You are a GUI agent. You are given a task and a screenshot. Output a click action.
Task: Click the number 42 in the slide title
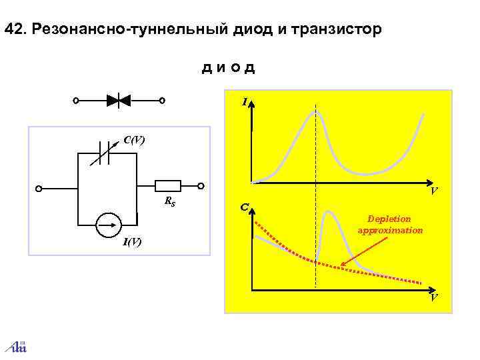[13, 30]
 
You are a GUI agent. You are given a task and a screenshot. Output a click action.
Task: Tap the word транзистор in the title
[340, 31]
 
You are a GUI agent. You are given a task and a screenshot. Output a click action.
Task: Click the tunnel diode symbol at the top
[119, 101]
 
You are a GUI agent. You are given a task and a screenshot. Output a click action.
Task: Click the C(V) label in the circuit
[134, 140]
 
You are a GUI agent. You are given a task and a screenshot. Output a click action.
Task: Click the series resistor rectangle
[168, 187]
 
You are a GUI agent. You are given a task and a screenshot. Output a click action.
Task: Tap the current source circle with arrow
[107, 225]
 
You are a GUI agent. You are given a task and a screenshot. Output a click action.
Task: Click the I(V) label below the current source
[131, 241]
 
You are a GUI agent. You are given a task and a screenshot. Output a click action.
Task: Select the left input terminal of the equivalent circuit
[39, 188]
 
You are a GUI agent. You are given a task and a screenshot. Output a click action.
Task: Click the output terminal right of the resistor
[201, 187]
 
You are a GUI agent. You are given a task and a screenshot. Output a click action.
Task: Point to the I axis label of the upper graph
[245, 102]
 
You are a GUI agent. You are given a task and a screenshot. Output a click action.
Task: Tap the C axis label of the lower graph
[245, 209]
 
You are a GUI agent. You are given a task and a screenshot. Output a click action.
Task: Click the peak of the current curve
[316, 113]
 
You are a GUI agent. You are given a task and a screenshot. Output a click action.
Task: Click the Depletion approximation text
[390, 225]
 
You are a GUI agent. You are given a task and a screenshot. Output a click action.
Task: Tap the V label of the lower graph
[433, 298]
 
